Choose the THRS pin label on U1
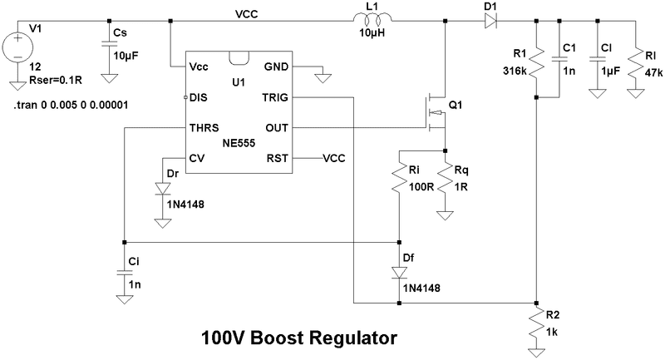point(205,128)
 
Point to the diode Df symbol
point(400,271)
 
